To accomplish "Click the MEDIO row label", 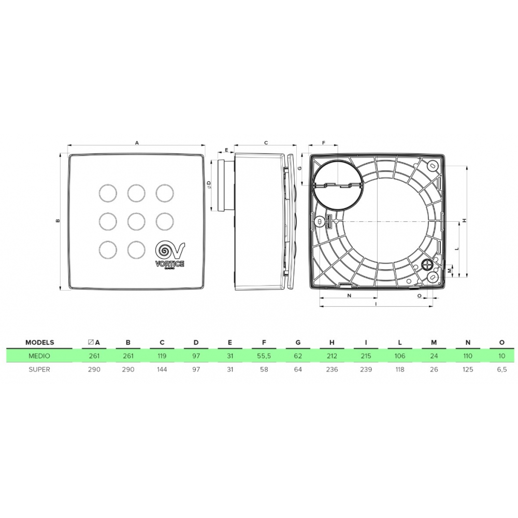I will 39,356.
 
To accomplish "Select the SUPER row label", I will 39,370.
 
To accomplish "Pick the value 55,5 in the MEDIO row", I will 264,356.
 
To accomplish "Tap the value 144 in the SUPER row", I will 163,370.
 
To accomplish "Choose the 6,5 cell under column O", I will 501,370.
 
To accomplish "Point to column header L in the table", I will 400,342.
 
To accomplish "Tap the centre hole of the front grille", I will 136,221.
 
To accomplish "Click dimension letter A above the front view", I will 136,141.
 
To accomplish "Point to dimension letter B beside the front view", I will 59,221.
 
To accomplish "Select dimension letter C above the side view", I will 265,141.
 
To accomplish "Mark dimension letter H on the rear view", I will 465,220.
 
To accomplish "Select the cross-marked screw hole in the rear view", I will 428,264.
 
